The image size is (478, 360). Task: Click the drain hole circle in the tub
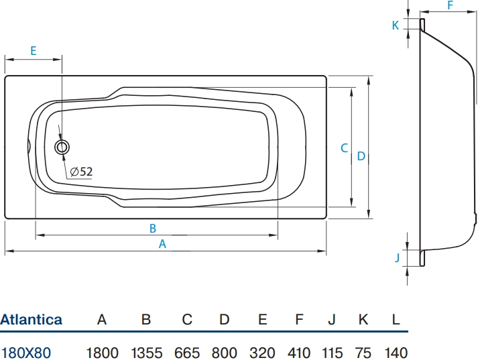tap(62, 141)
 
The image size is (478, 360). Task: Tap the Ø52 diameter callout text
tap(81, 172)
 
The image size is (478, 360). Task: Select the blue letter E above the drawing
tap(34, 50)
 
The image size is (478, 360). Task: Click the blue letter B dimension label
tap(153, 229)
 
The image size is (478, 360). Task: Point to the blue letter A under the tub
tap(162, 244)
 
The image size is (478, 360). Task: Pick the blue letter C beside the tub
tap(344, 148)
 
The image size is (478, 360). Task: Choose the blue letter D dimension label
tap(361, 156)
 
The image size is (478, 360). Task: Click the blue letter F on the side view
tap(451, 5)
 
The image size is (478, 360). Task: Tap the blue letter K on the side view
tap(396, 25)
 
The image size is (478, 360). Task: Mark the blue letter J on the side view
tap(397, 258)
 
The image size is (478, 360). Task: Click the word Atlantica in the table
tap(31, 320)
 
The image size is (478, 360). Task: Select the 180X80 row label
tap(26, 353)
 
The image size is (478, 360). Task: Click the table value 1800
tap(102, 353)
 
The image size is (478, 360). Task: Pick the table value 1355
tap(147, 353)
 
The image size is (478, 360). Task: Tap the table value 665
tap(187, 353)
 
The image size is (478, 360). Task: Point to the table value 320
tap(262, 353)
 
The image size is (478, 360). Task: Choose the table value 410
tap(299, 353)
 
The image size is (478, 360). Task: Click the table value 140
tap(396, 353)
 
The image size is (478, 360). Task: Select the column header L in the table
tap(396, 320)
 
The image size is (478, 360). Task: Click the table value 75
tap(363, 353)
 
